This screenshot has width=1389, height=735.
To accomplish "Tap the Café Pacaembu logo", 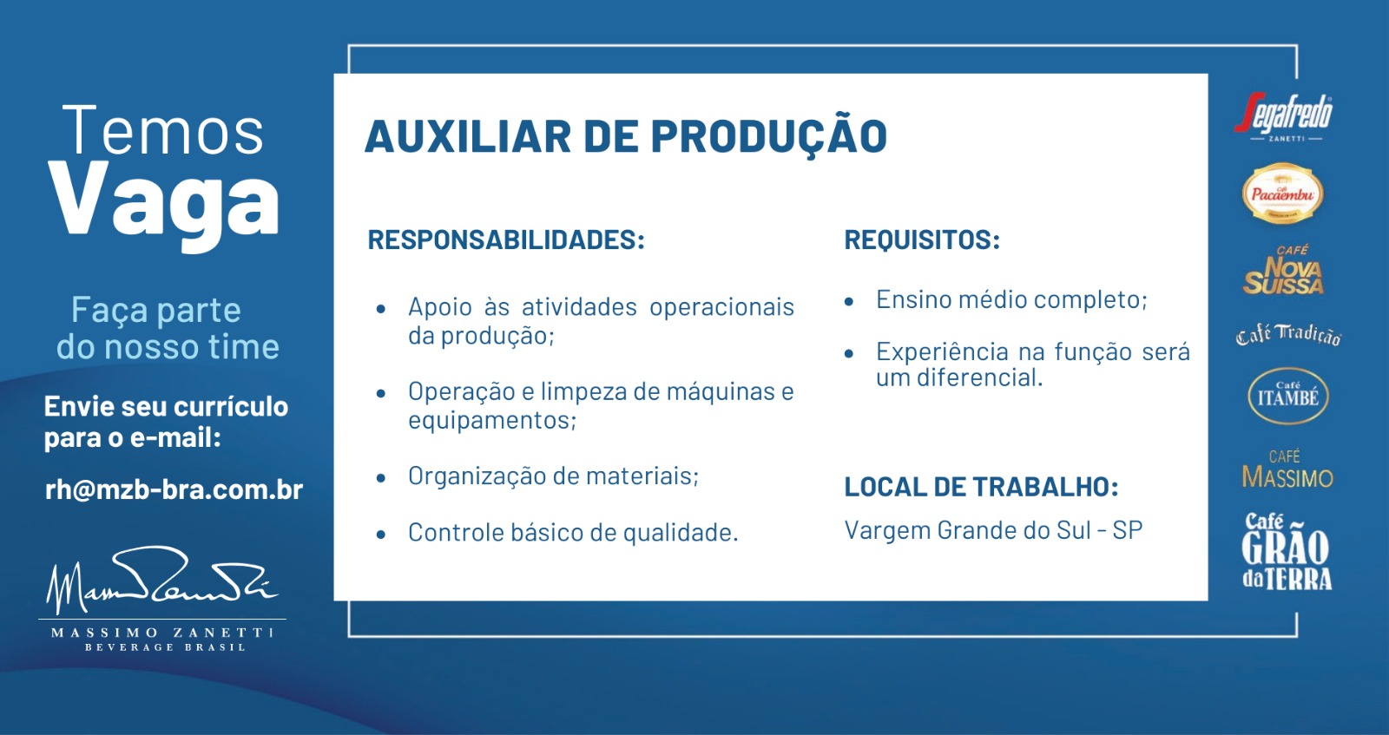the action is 1282,194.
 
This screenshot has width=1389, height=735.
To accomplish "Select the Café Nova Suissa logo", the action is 1284,270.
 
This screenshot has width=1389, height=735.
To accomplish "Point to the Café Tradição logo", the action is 1288,335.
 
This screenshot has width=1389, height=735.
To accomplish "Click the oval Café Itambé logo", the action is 1288,396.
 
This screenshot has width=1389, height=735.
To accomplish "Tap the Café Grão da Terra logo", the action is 1287,551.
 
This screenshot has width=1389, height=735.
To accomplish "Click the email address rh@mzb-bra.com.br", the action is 174,489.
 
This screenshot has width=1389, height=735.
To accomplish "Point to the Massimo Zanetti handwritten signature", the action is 161,580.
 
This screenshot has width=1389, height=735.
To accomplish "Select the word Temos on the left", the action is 163,130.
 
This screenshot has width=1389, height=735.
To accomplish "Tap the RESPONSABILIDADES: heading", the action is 506,240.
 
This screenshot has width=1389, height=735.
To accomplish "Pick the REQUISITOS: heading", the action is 922,240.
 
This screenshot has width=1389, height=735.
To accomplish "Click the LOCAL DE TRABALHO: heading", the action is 981,487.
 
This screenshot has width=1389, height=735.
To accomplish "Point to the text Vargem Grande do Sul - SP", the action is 993,530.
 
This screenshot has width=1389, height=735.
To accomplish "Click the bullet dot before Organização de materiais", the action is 381,478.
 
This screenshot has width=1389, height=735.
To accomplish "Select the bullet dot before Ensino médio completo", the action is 849,302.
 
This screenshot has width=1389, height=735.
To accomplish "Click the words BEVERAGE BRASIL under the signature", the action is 165,647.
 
